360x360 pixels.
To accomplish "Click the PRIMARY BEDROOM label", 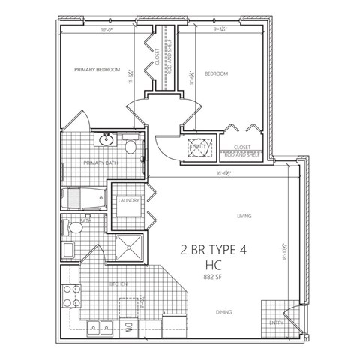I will click(97, 70).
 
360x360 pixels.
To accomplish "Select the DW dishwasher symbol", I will click(128, 327).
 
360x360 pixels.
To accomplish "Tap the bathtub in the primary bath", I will click(84, 199).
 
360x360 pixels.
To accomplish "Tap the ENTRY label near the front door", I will click(276, 324).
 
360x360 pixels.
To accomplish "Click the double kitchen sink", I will click(98, 327).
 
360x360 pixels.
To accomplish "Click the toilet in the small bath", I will click(75, 228).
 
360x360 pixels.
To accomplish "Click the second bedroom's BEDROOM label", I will click(216, 73).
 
